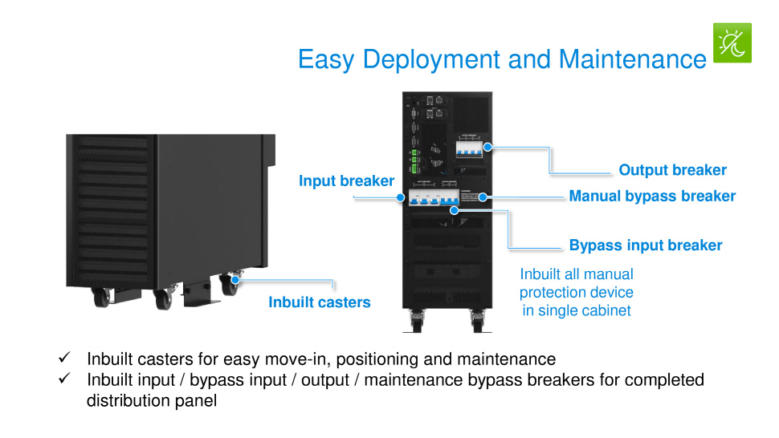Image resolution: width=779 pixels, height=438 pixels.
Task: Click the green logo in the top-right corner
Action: click(732, 43)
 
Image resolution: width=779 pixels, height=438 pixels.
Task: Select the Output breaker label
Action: click(672, 170)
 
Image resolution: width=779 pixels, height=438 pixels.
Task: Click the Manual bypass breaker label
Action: click(651, 196)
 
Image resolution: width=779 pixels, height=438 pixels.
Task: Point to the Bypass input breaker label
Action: click(645, 245)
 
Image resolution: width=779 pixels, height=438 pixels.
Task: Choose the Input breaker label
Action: click(346, 180)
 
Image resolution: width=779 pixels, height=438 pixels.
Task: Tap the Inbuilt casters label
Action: click(319, 302)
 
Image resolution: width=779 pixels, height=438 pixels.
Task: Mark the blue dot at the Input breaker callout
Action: click(400, 196)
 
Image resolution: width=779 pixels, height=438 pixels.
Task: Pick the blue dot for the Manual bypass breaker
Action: click(483, 196)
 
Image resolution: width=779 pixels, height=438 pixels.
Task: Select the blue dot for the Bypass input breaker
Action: click(455, 210)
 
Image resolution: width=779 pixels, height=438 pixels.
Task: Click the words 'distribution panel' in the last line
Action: click(152, 400)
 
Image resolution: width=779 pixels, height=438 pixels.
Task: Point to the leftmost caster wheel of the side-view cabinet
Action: click(101, 298)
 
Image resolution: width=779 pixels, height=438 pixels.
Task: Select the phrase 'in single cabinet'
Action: click(576, 310)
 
